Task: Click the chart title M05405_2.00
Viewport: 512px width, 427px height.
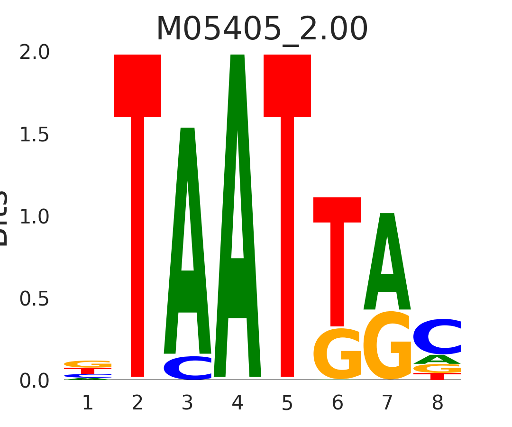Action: tap(262, 29)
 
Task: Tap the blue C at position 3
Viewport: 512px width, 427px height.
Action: tap(188, 368)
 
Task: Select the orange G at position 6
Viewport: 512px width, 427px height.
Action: tap(337, 354)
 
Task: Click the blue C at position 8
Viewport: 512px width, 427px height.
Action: tap(437, 337)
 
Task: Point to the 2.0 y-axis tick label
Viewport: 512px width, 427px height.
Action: tap(34, 53)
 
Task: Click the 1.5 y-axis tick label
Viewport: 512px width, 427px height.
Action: tap(34, 135)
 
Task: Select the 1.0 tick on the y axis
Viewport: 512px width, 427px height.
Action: tap(34, 217)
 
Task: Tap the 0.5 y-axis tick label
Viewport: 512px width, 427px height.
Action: tap(34, 299)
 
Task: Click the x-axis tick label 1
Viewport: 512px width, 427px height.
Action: tap(88, 403)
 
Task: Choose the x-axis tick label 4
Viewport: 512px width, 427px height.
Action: tap(238, 403)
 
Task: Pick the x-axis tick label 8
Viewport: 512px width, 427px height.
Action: tap(437, 403)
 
